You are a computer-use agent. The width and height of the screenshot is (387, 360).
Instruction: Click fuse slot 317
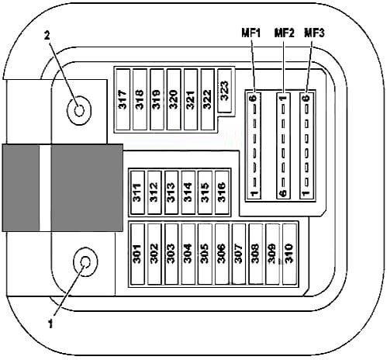click(x=123, y=99)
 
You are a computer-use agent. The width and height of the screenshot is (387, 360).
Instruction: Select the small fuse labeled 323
click(x=225, y=91)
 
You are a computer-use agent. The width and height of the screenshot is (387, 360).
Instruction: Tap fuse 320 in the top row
click(x=174, y=99)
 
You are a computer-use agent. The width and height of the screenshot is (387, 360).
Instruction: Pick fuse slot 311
click(x=137, y=192)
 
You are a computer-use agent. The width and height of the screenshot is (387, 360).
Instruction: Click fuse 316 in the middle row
click(x=222, y=192)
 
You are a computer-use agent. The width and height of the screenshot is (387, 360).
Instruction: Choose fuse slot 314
click(x=188, y=192)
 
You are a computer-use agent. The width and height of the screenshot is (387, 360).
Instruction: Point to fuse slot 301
click(x=137, y=254)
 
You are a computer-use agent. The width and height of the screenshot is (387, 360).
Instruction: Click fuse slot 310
click(x=289, y=254)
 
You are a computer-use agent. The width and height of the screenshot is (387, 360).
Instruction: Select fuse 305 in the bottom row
click(x=205, y=254)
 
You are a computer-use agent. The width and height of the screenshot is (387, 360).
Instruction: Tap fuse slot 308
click(x=255, y=254)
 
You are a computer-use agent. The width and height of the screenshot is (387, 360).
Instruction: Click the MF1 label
click(x=251, y=33)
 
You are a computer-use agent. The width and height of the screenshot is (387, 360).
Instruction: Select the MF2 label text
click(x=284, y=33)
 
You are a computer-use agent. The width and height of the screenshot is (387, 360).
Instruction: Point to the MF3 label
click(x=314, y=33)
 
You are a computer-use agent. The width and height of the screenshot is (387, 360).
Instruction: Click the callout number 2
click(x=47, y=36)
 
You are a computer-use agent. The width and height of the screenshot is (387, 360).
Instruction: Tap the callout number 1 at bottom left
click(x=50, y=324)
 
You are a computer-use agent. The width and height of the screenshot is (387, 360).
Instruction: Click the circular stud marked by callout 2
click(x=79, y=110)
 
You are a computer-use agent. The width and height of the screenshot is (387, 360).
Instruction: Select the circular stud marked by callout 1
click(x=85, y=261)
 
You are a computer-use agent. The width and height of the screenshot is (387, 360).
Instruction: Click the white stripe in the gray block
click(x=45, y=188)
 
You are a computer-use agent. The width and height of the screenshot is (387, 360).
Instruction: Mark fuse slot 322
click(x=207, y=99)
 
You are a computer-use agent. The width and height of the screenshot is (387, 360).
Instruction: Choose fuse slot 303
click(x=171, y=254)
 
